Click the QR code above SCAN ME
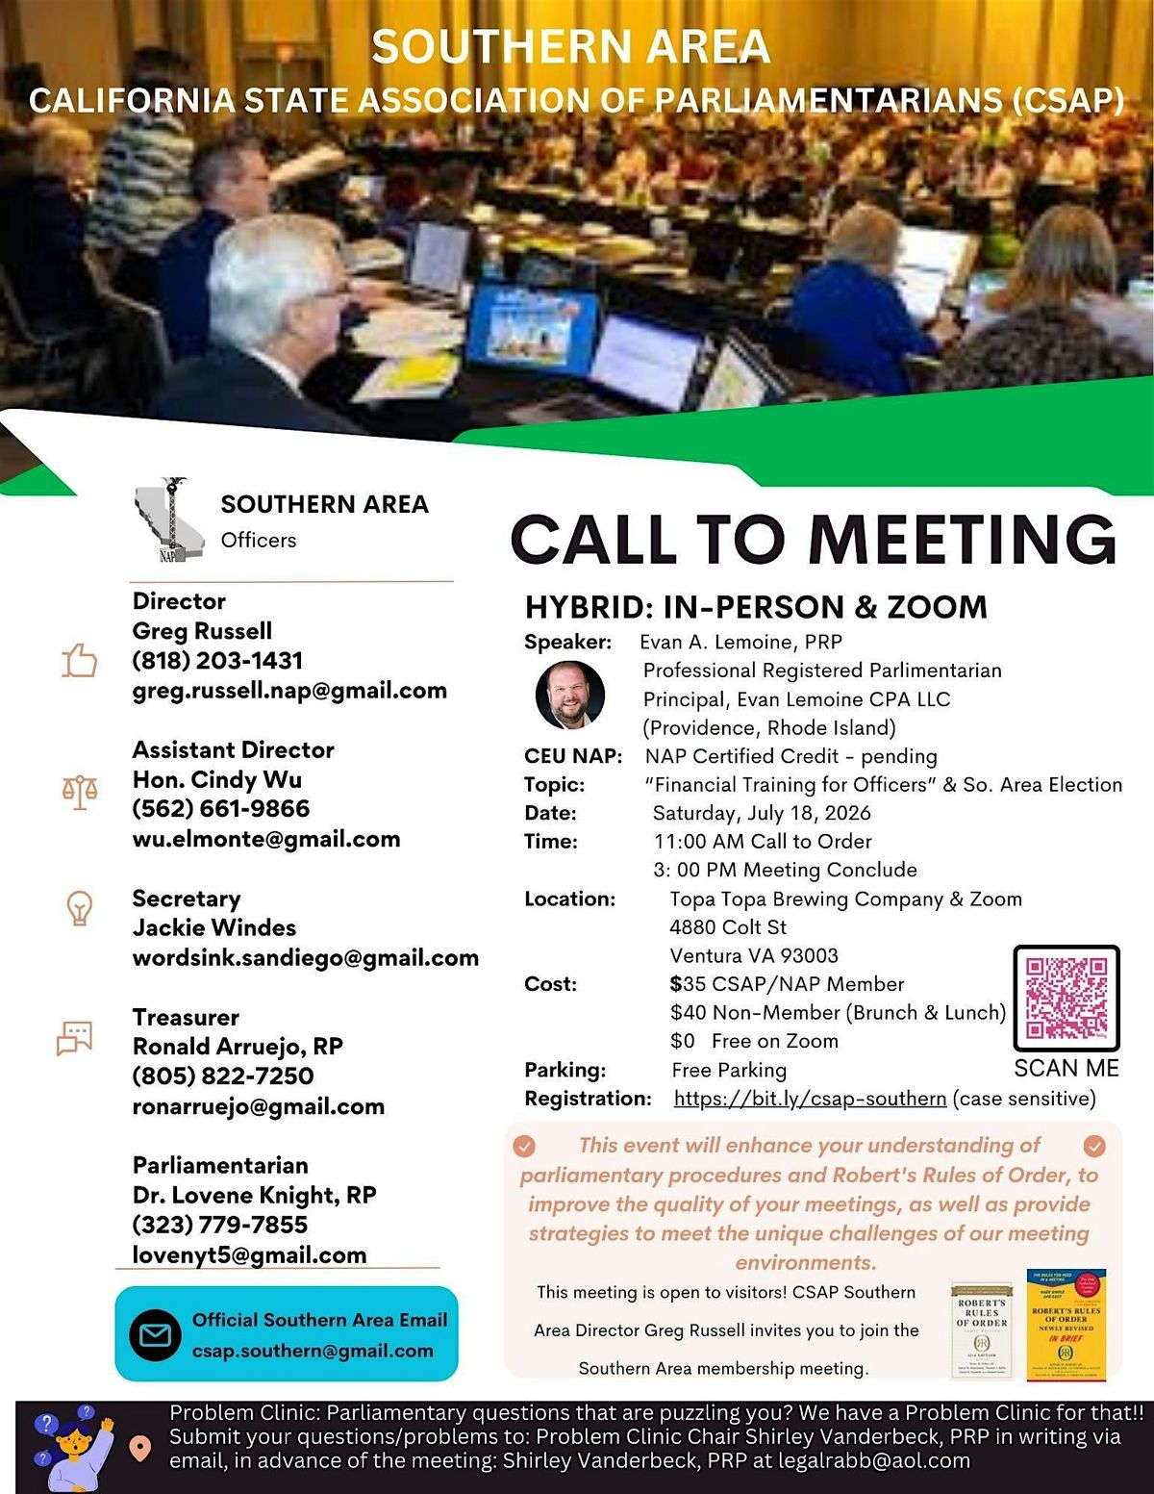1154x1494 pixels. pos(1066,998)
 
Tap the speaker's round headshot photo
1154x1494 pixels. pos(570,695)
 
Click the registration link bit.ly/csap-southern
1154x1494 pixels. pos(810,1099)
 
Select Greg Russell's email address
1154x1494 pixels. pos(289,690)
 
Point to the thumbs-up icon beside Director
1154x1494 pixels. pos(80,661)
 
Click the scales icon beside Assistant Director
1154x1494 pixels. pos(80,793)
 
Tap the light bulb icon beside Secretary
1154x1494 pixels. pos(79,908)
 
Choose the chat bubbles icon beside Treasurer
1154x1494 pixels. pos(75,1038)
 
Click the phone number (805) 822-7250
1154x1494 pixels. pos(223,1076)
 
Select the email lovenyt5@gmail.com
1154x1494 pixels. pos(249,1254)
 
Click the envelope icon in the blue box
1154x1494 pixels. pos(155,1334)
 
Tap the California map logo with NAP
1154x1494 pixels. pos(170,519)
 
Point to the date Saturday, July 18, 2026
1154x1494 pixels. pos(762,813)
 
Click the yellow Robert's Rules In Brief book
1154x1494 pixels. pos(1066,1324)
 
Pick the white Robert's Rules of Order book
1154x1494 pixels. pos(981,1329)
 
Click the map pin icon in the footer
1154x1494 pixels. pos(140,1448)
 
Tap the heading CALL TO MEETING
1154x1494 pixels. pos(814,539)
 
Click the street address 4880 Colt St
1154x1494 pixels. pos(728,927)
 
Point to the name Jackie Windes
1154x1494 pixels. pos(214,927)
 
